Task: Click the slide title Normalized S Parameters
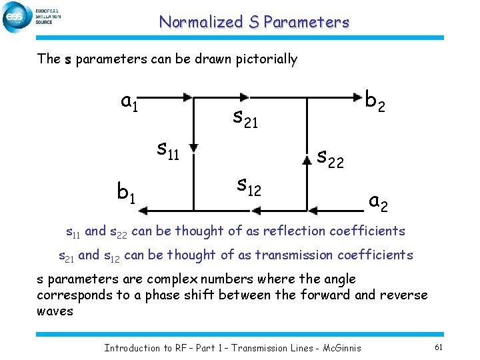click(x=253, y=22)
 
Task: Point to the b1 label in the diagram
click(x=127, y=193)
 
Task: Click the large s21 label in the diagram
click(x=245, y=118)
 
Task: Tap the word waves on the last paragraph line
click(x=55, y=311)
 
